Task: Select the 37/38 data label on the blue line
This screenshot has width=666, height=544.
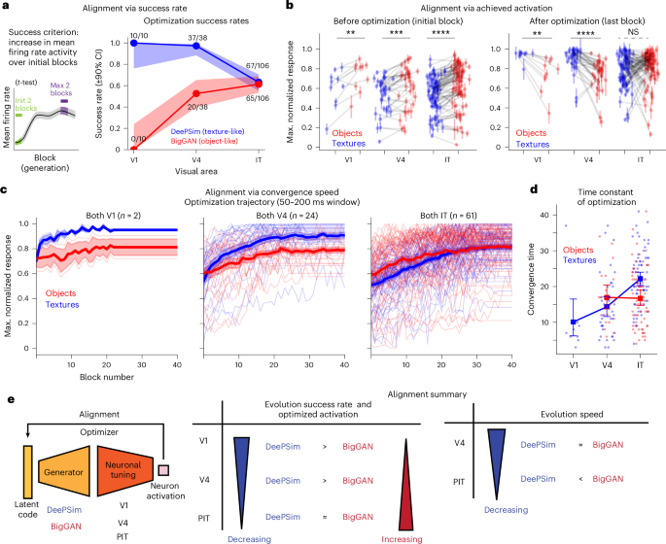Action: (x=196, y=35)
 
